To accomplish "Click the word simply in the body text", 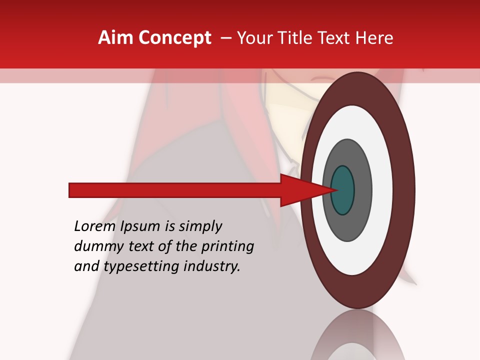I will tap(200, 227).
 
